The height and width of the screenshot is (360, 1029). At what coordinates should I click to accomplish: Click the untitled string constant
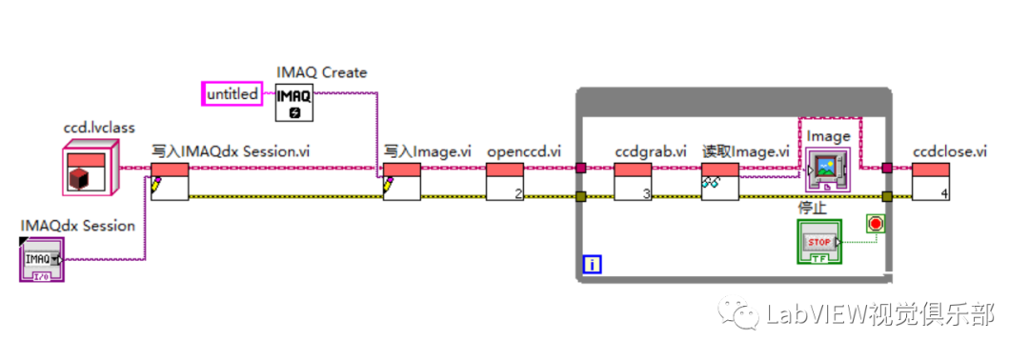[232, 94]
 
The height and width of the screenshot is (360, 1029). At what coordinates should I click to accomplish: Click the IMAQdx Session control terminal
[42, 259]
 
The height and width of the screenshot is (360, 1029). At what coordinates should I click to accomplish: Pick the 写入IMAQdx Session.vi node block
[170, 181]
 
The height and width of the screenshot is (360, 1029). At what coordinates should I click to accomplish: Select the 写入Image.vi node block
[402, 181]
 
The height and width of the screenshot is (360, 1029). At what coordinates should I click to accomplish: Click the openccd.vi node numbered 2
[505, 181]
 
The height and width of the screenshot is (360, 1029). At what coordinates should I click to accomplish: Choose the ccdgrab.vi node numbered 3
[632, 181]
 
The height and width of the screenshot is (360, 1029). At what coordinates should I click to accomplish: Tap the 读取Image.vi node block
[720, 181]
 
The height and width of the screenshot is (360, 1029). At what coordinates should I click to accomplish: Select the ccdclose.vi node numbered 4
[930, 181]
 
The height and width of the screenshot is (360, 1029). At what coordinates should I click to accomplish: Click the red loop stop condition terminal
[875, 225]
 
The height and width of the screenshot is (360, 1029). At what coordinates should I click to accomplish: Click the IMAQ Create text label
[321, 72]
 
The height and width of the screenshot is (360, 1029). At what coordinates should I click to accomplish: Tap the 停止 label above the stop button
[811, 207]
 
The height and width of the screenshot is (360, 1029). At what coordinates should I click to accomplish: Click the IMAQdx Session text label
[78, 226]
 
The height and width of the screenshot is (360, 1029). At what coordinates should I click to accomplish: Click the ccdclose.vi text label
[950, 150]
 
